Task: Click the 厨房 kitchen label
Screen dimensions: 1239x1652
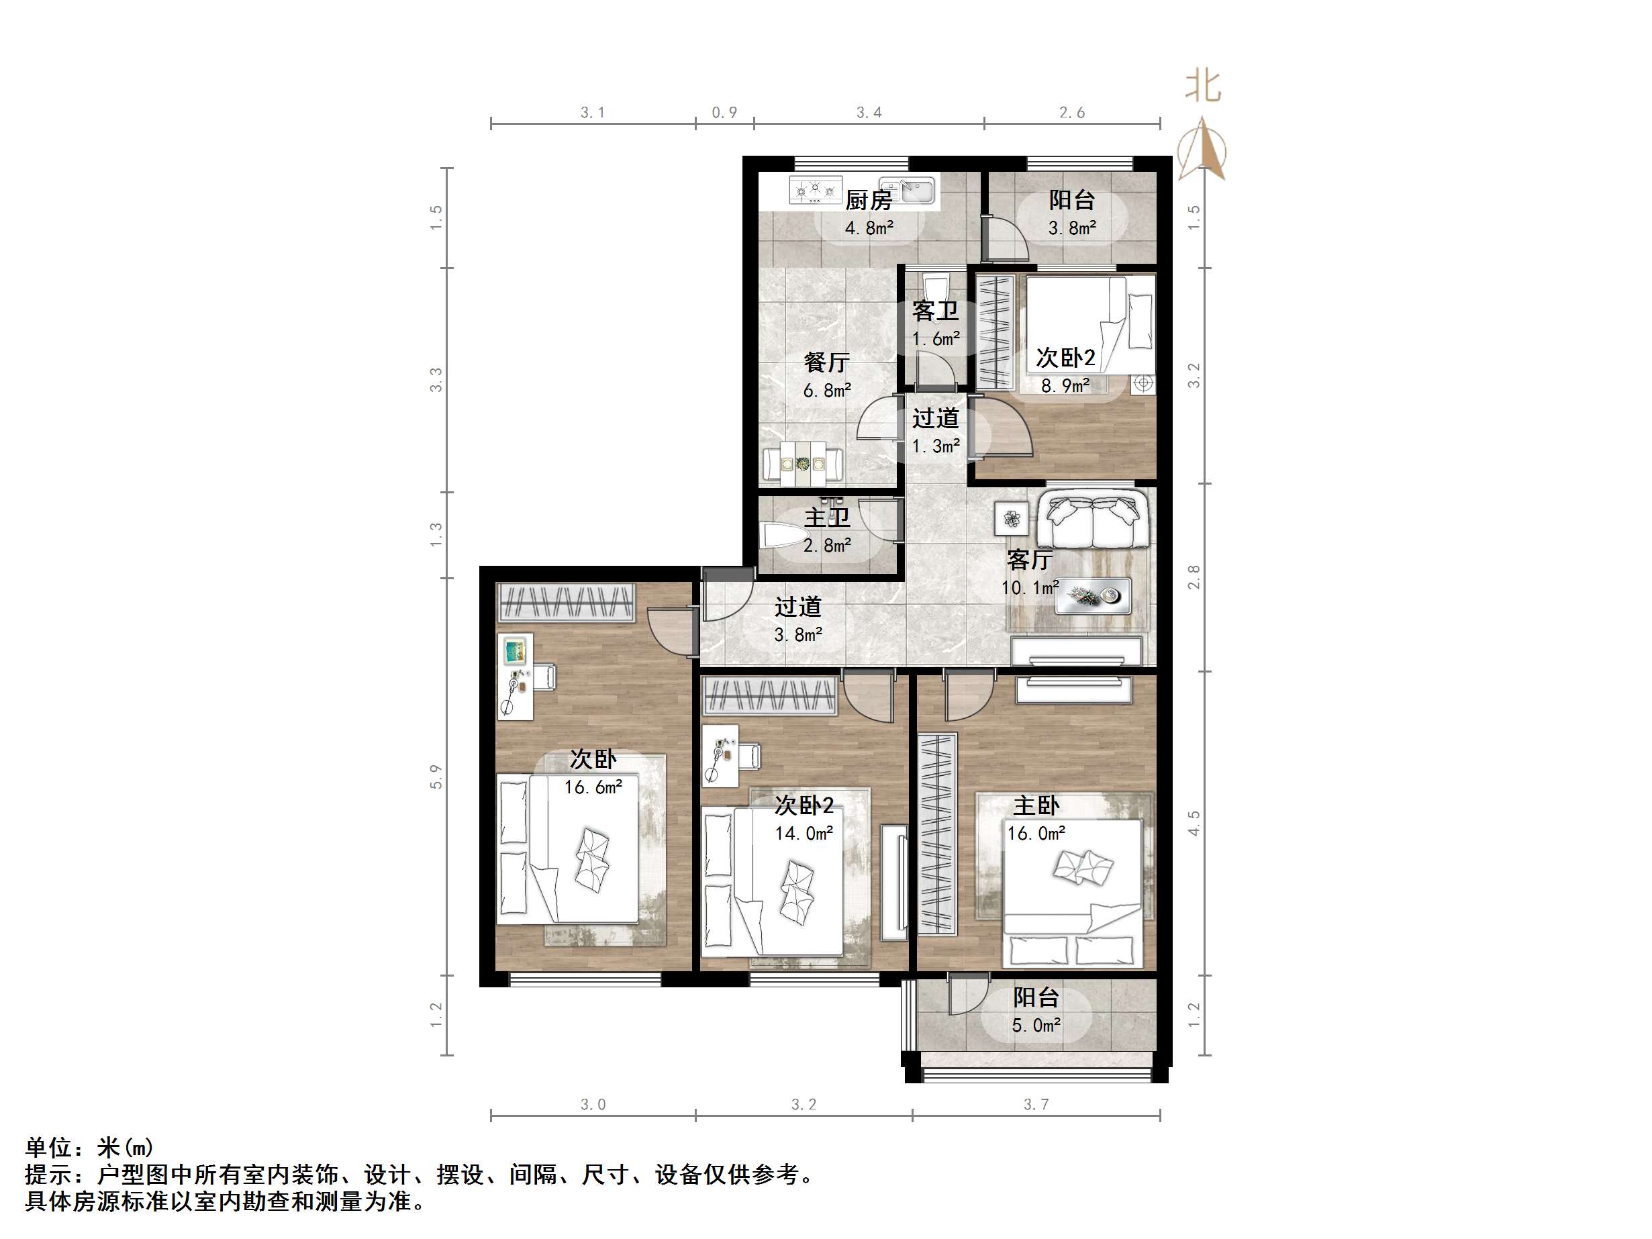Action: pyautogui.click(x=869, y=200)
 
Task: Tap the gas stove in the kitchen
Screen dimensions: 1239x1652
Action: pyautogui.click(x=815, y=191)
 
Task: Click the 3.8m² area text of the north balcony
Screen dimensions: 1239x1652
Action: pyautogui.click(x=1072, y=228)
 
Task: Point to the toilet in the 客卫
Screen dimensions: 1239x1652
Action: pyautogui.click(x=935, y=285)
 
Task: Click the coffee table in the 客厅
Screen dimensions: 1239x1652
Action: pyautogui.click(x=1092, y=596)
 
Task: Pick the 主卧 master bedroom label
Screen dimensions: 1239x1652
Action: pyautogui.click(x=1036, y=805)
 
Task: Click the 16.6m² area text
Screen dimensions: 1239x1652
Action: pyautogui.click(x=593, y=787)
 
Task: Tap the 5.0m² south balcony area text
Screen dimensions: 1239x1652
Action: pyautogui.click(x=1036, y=1026)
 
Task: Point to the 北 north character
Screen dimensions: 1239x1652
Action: pyautogui.click(x=1202, y=87)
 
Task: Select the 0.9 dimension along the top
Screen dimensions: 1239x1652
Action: pyautogui.click(x=724, y=113)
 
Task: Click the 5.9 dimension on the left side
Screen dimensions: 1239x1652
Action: pyautogui.click(x=436, y=777)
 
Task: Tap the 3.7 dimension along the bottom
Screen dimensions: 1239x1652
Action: pyautogui.click(x=1036, y=1105)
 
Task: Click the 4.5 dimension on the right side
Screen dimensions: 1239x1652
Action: pyautogui.click(x=1194, y=824)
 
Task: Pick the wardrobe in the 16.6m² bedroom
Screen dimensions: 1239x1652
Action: pyautogui.click(x=566, y=602)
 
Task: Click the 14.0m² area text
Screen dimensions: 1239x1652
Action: pyautogui.click(x=804, y=833)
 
